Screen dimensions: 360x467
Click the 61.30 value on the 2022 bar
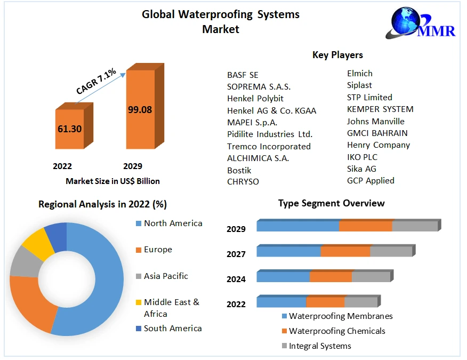click(x=69, y=129)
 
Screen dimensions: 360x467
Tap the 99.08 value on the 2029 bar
click(x=140, y=110)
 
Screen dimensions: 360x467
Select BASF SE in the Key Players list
click(x=243, y=75)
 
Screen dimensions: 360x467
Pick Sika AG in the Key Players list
click(x=361, y=169)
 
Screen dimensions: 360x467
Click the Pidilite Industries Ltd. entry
click(x=270, y=134)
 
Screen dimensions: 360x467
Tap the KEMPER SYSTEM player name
click(x=380, y=109)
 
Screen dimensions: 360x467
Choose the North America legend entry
click(x=173, y=223)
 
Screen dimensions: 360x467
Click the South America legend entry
click(x=173, y=328)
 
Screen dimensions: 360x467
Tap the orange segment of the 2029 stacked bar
click(x=365, y=226)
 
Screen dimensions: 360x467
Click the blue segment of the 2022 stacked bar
click(x=281, y=302)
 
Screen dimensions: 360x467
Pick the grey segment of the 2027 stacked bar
click(x=391, y=251)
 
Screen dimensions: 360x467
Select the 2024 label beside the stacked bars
click(x=236, y=279)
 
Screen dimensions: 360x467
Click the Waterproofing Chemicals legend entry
click(x=337, y=331)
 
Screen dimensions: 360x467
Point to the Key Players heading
click(x=337, y=55)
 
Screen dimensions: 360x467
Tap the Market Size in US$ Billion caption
click(x=112, y=181)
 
